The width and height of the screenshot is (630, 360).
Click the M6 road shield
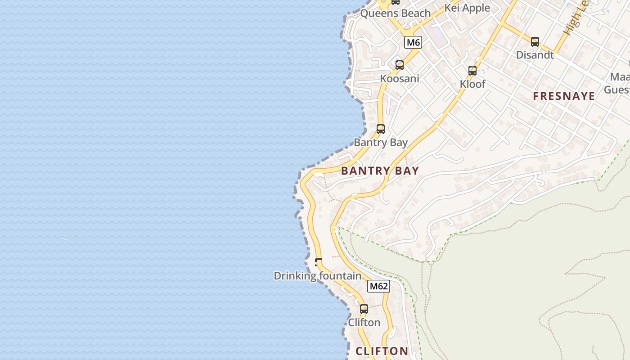(x=413, y=43)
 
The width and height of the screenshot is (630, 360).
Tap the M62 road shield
(x=378, y=286)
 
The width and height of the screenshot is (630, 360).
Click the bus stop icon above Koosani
(x=399, y=65)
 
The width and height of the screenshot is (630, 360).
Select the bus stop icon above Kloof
(x=472, y=71)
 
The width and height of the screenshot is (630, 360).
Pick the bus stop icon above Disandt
(x=535, y=42)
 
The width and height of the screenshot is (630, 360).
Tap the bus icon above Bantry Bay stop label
(x=380, y=129)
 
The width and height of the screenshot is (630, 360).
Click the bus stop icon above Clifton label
(x=364, y=309)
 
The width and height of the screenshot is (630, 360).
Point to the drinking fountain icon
(x=318, y=262)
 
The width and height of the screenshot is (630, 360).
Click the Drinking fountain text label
(x=317, y=276)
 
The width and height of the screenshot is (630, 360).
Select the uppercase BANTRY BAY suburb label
(x=380, y=171)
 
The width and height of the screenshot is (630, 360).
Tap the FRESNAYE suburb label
(x=564, y=96)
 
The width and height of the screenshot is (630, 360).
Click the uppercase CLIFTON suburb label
(x=382, y=351)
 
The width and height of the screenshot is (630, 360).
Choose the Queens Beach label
(x=395, y=13)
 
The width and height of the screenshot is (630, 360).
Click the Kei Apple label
(x=467, y=8)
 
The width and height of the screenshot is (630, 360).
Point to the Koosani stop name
(x=399, y=79)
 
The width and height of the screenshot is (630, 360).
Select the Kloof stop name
(x=472, y=84)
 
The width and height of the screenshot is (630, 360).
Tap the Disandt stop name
(x=535, y=55)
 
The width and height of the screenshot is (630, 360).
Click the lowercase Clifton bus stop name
(x=364, y=323)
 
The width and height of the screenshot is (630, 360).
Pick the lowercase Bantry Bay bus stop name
(x=380, y=143)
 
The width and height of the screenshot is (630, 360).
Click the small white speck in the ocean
(x=64, y=239)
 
